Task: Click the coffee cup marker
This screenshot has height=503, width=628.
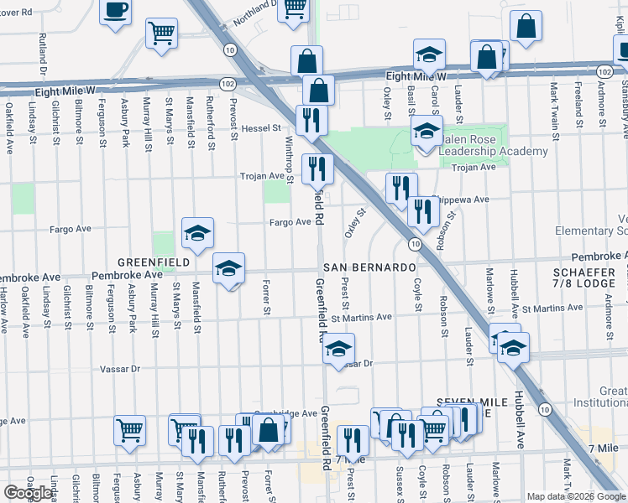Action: (116, 12)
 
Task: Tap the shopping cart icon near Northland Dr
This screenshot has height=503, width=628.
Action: (293, 8)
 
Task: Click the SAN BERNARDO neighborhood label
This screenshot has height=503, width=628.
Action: (369, 267)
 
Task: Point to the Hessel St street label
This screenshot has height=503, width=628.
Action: (262, 128)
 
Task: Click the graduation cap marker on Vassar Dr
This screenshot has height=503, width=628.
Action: (338, 348)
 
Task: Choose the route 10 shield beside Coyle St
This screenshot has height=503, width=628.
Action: (415, 243)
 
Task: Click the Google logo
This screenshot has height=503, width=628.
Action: (28, 493)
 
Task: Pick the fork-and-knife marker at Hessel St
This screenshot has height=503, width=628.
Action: (311, 119)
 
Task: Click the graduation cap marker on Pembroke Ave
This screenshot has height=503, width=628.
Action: (228, 268)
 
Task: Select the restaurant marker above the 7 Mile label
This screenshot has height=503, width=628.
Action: (353, 440)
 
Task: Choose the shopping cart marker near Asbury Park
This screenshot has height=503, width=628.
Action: (129, 430)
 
